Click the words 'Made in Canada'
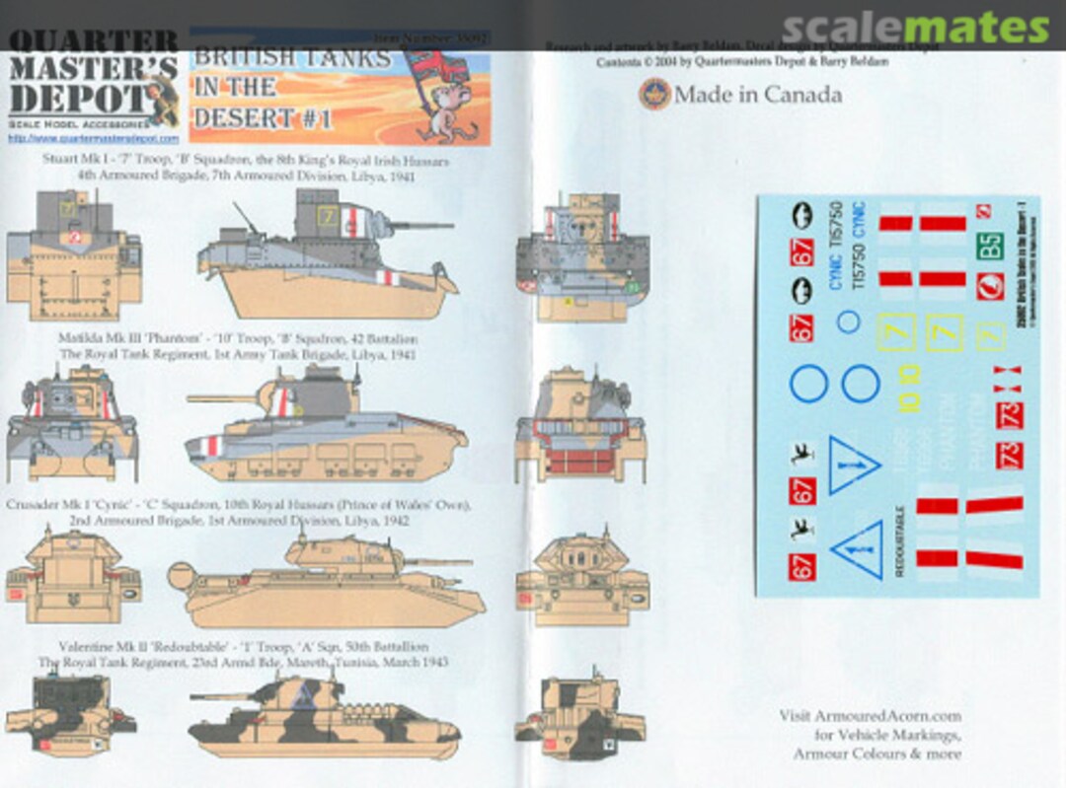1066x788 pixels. click(x=758, y=95)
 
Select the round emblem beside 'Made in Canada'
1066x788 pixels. click(x=654, y=95)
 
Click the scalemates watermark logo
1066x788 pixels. click(x=916, y=30)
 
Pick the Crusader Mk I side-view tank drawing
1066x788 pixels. click(x=326, y=581)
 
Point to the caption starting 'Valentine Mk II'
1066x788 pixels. click(x=243, y=647)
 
